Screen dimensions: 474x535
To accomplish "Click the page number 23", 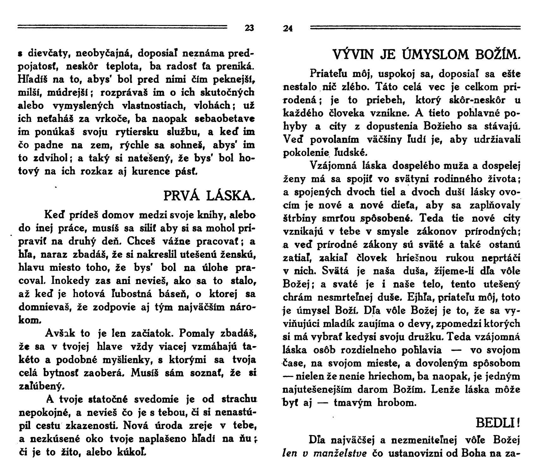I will (249, 28).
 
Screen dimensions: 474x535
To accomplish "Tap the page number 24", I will (288, 29).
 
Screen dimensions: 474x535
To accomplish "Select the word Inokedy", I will (71, 281).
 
